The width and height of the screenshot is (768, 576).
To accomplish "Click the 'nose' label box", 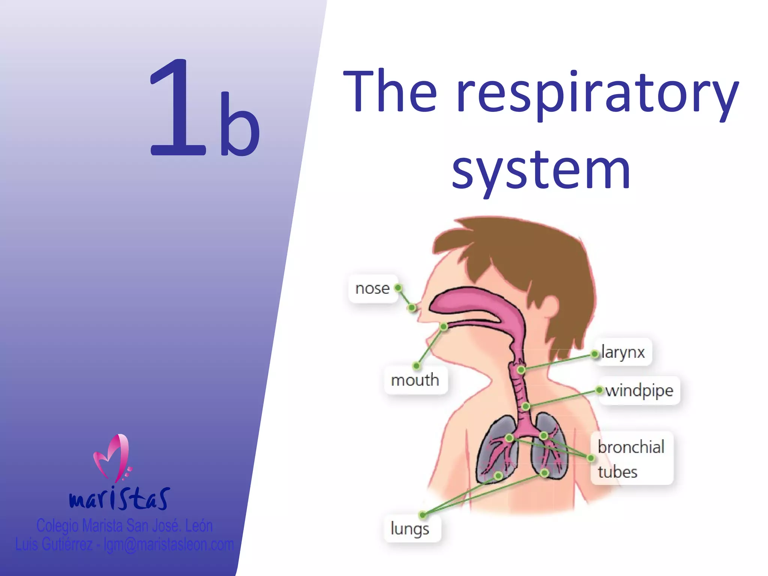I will (x=373, y=288).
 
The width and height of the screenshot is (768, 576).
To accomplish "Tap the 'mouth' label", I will (x=415, y=380).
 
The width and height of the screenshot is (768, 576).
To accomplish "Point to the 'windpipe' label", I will (x=639, y=391).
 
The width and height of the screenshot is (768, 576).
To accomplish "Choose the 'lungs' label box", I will (x=410, y=529).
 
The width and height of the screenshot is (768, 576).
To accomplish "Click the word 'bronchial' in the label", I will (x=631, y=447).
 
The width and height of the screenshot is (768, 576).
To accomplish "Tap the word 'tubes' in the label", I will (x=618, y=472).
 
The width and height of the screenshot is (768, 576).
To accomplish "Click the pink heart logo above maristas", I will (x=112, y=457).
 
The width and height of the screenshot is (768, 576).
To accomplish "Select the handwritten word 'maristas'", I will (x=119, y=499).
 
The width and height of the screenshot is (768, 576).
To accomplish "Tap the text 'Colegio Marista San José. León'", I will (x=124, y=526).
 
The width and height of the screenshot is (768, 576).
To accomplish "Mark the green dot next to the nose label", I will (x=398, y=288).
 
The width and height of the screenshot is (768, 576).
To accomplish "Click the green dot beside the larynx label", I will (x=595, y=354).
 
